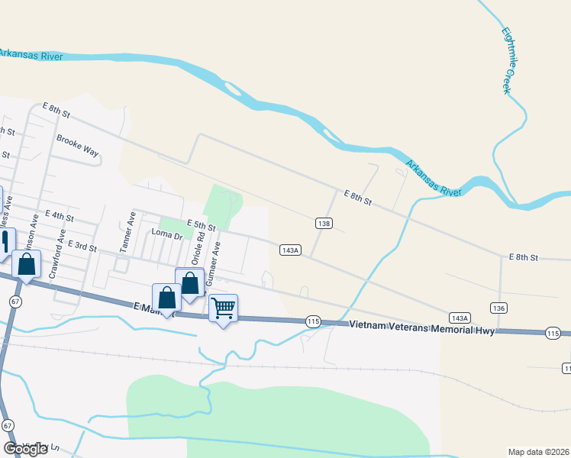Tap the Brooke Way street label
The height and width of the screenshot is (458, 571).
(78, 145)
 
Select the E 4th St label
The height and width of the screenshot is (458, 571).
(60, 216)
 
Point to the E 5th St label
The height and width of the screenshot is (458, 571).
(201, 226)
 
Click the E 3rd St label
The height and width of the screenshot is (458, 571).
(82, 245)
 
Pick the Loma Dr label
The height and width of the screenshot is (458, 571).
(167, 235)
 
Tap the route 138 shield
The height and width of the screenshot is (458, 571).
(324, 223)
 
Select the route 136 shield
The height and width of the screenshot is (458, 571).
(499, 308)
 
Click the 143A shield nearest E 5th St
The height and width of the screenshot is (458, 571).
(290, 250)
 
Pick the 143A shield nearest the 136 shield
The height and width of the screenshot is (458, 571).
(459, 317)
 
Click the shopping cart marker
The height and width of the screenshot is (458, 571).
(223, 308)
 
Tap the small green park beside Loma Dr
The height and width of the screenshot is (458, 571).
(176, 227)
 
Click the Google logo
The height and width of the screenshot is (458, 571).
(25, 449)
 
